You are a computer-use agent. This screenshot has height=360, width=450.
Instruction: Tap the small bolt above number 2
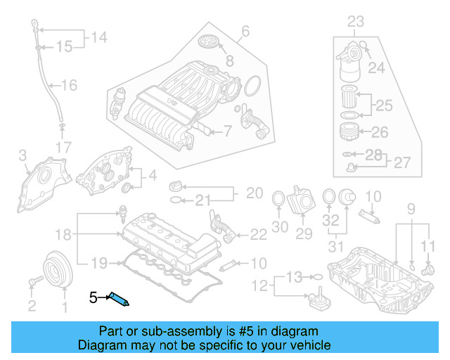(32, 282)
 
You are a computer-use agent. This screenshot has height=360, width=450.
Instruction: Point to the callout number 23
(356, 21)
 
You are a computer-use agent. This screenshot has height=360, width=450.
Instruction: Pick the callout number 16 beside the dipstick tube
(69, 86)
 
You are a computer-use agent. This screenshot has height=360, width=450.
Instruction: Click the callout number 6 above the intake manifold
(245, 31)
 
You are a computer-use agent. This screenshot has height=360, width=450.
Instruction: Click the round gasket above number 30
(278, 200)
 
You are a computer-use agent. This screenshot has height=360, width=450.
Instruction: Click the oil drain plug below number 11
(426, 269)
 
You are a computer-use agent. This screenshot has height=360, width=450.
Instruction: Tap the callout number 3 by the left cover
(22, 155)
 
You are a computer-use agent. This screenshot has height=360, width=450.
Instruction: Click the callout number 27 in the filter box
(401, 162)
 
